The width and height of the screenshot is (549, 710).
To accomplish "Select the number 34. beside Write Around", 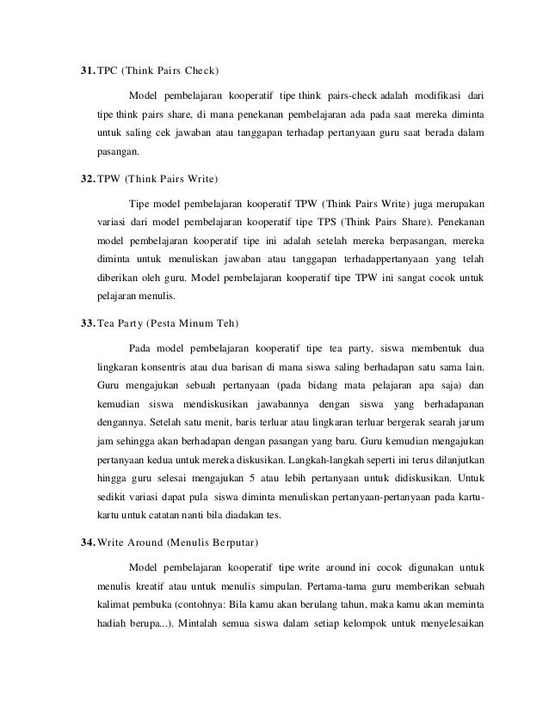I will point(85,543).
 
